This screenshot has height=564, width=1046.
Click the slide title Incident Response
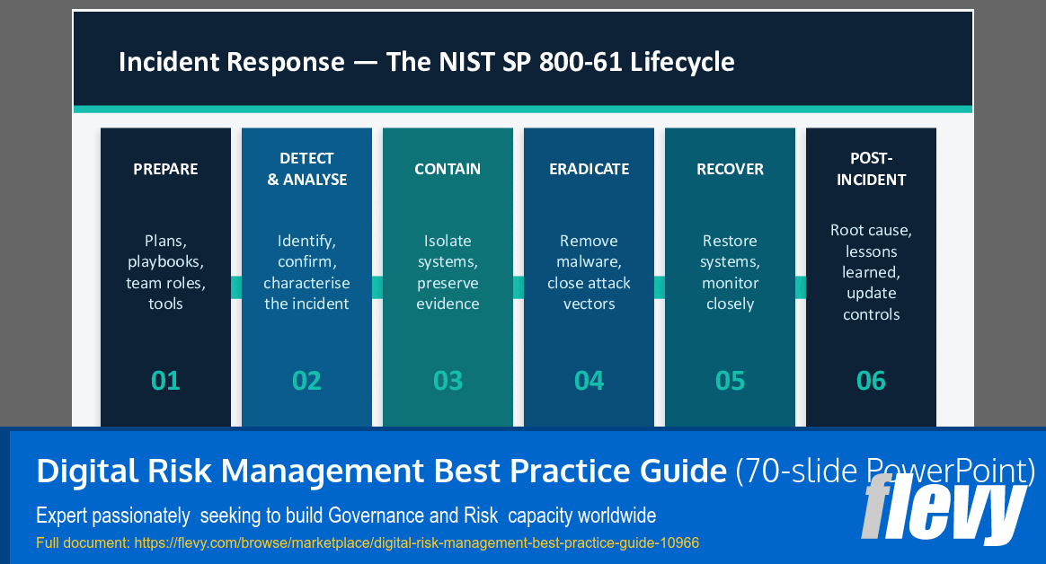tap(426, 62)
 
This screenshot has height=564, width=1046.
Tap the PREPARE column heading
tap(165, 169)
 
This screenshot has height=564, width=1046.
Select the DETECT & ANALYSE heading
tap(306, 169)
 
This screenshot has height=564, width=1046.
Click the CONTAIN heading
tap(448, 169)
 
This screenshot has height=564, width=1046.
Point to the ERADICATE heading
tap(589, 169)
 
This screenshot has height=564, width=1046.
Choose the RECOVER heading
tap(730, 169)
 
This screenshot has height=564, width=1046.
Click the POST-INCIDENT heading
tap(871, 169)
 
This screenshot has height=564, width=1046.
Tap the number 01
tap(165, 381)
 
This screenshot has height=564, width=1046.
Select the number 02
tap(306, 381)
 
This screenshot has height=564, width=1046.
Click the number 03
tap(448, 381)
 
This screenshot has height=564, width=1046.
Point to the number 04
tap(589, 381)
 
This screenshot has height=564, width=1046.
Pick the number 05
tap(730, 381)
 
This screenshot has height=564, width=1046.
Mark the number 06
tap(871, 381)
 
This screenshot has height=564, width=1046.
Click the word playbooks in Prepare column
tap(165, 262)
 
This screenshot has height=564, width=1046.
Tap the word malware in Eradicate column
tap(588, 262)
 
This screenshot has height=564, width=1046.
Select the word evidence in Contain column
tap(448, 304)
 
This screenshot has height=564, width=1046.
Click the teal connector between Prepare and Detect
tap(236, 286)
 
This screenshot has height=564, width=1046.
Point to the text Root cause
tap(871, 231)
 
